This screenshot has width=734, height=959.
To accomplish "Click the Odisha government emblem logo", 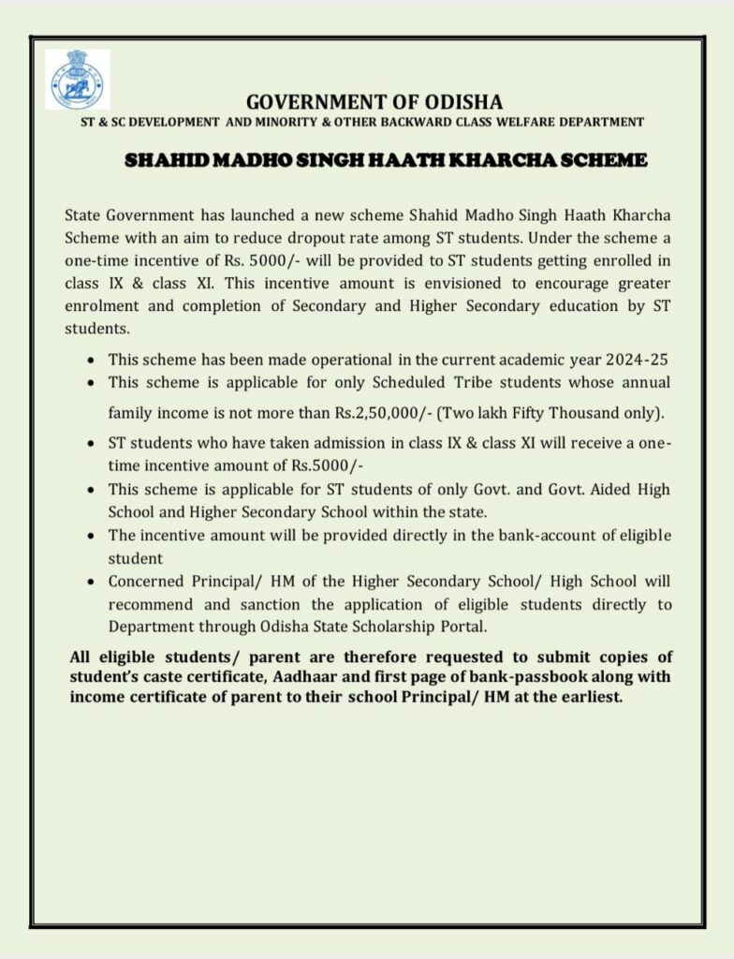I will (x=77, y=81).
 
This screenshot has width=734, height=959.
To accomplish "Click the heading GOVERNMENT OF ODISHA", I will (x=374, y=102).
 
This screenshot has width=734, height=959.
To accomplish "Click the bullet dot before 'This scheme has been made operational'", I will (x=89, y=360).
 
